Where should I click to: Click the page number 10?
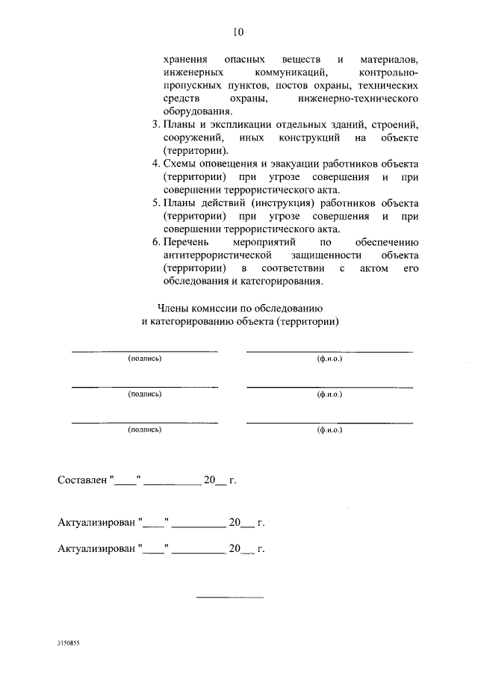pos(238,32)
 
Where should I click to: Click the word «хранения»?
pos(183,58)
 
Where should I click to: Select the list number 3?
pos(155,123)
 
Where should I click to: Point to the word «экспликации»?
pos(237,123)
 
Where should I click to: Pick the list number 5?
pos(155,202)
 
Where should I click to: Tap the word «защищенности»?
pos(322,255)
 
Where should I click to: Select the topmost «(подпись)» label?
pos(144,359)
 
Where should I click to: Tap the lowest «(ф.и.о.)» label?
pos(329,430)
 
